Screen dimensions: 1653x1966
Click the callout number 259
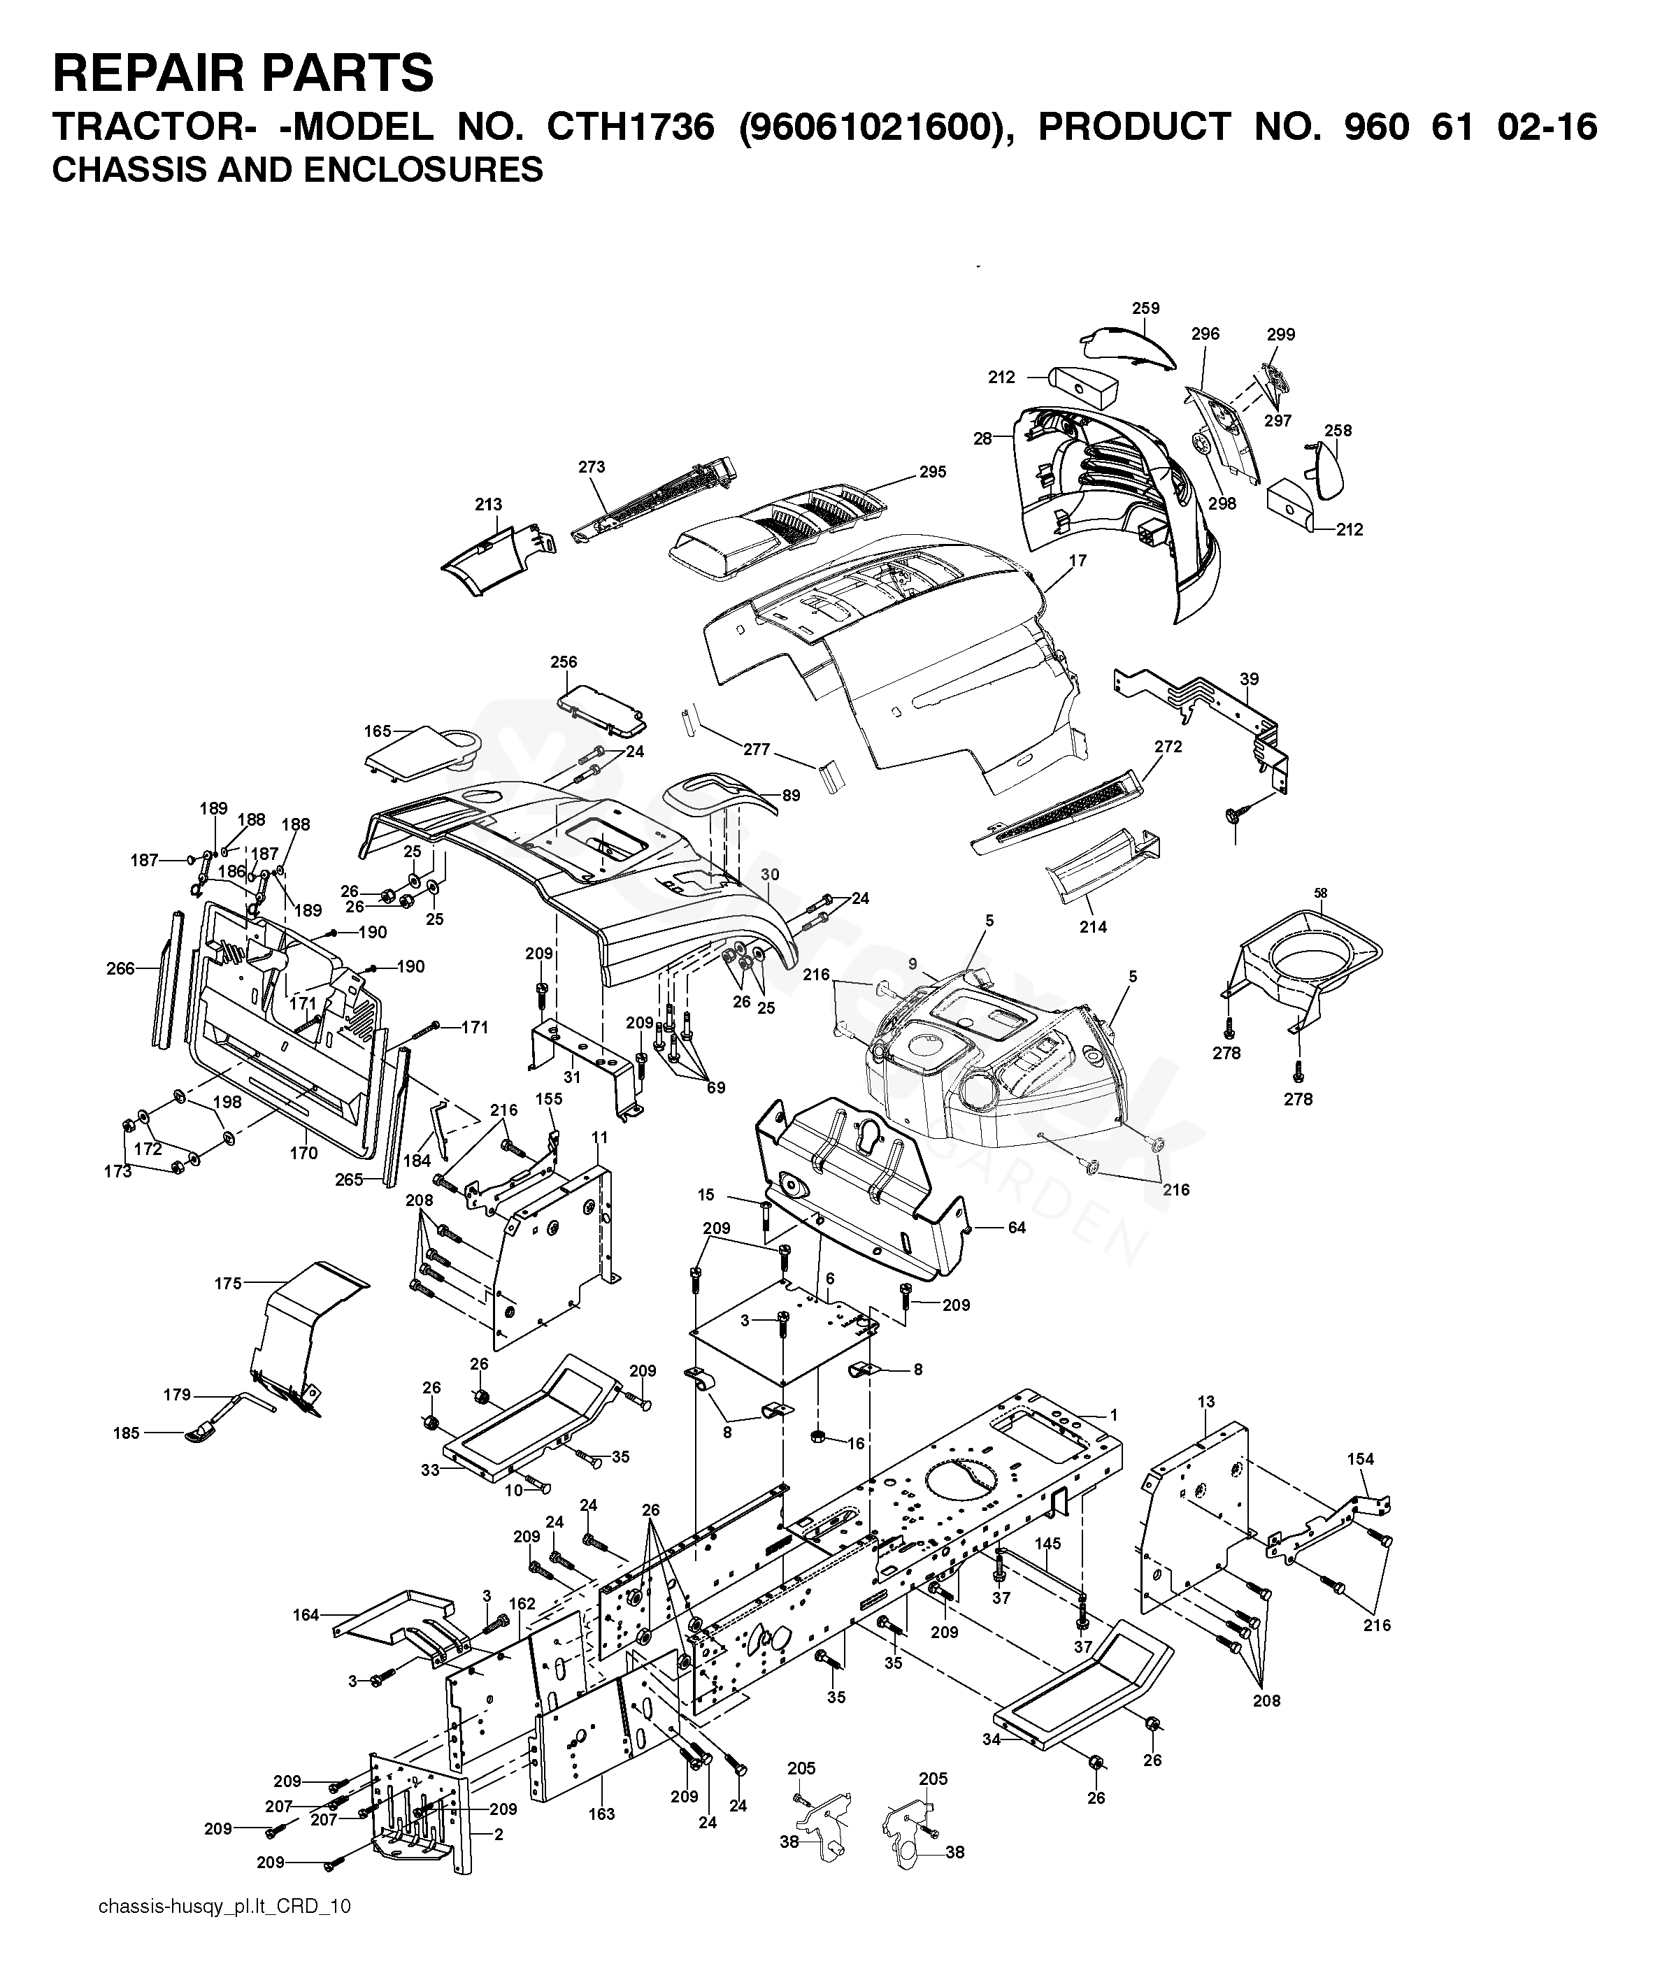click(x=1145, y=308)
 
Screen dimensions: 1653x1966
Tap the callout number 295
click(x=932, y=473)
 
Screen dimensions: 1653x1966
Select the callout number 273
click(x=592, y=466)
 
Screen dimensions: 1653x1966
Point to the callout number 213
click(x=488, y=505)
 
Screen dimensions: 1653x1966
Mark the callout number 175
click(x=229, y=1283)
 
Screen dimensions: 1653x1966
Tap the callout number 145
click(x=1047, y=1544)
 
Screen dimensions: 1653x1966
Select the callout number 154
click(x=1361, y=1459)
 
